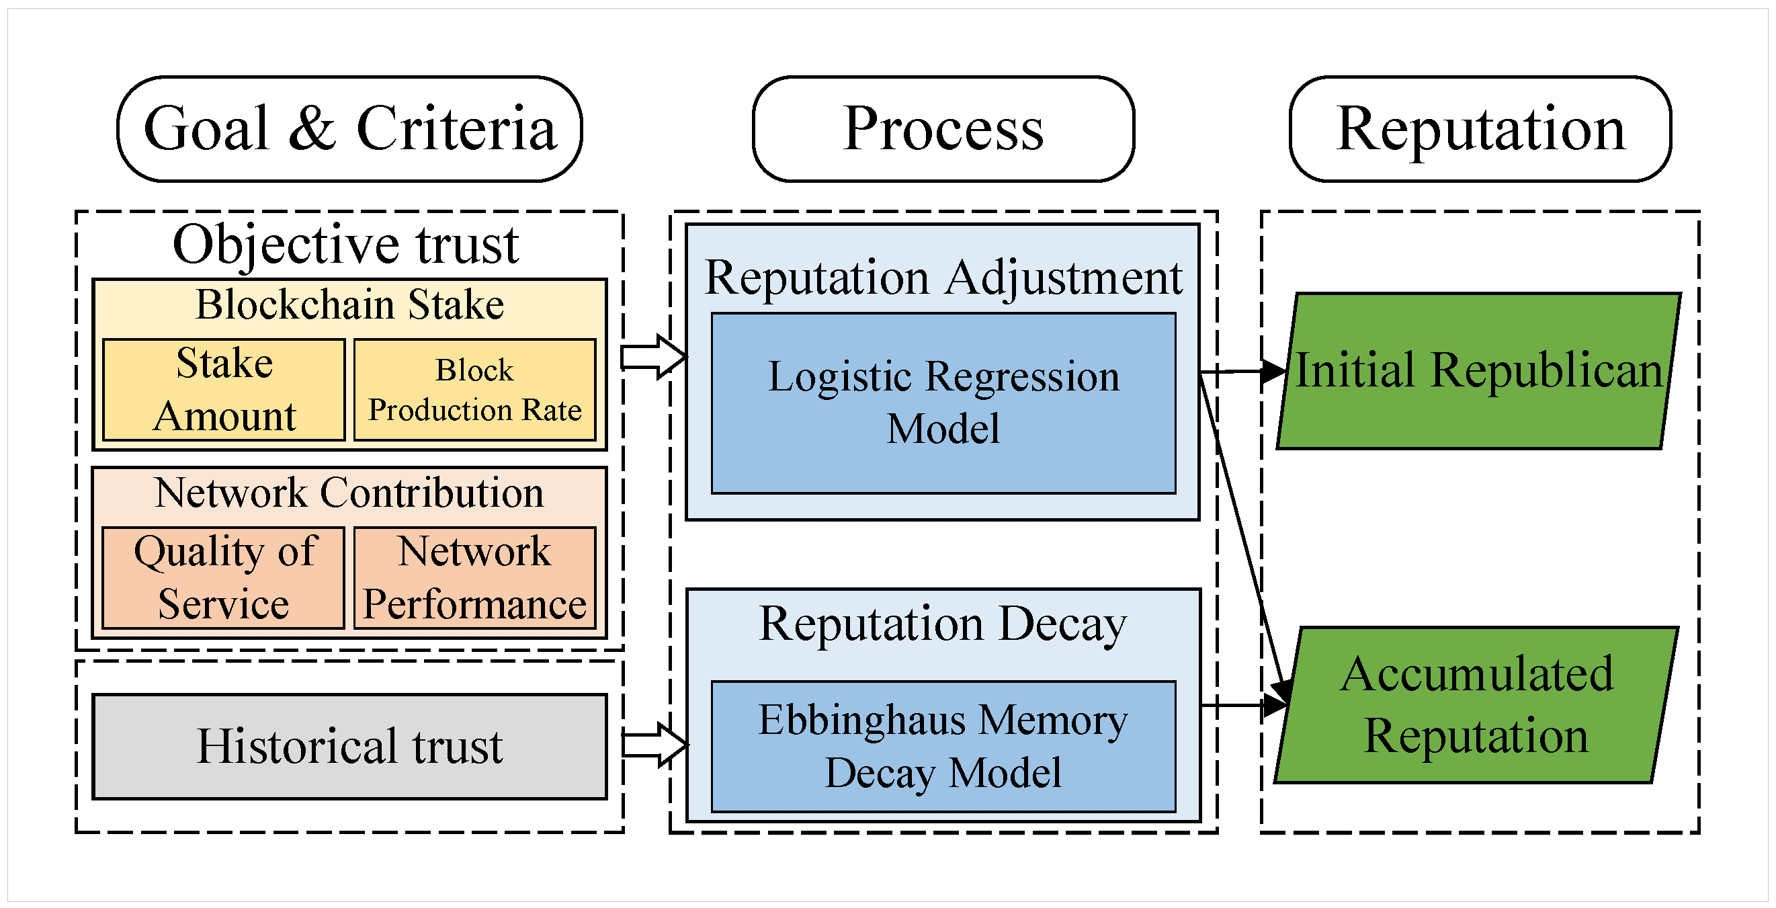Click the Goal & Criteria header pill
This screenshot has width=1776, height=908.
pyautogui.click(x=349, y=129)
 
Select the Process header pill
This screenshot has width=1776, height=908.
pyautogui.click(x=943, y=129)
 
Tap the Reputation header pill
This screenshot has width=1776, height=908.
pyautogui.click(x=1480, y=129)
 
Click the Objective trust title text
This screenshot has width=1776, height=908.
pyautogui.click(x=345, y=244)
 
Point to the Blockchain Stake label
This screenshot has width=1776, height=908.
pyautogui.click(x=349, y=304)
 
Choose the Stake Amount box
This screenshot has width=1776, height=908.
pyautogui.click(x=223, y=390)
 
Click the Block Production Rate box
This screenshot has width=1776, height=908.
pyautogui.click(x=474, y=390)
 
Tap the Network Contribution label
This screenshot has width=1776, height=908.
pyautogui.click(x=349, y=492)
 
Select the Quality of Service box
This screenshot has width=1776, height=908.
pyautogui.click(x=223, y=578)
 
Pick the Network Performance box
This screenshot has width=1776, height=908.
pyautogui.click(x=474, y=578)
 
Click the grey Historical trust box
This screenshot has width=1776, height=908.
pyautogui.click(x=349, y=746)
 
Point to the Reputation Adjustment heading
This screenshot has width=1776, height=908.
pyautogui.click(x=943, y=278)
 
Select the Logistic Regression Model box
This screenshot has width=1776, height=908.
pyautogui.click(x=943, y=403)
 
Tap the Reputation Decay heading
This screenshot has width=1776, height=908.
pyautogui.click(x=943, y=624)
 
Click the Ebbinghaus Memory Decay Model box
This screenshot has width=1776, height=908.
pyautogui.click(x=943, y=746)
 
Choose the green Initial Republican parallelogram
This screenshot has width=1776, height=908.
pyautogui.click(x=1478, y=371)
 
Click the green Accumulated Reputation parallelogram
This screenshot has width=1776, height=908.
pyautogui.click(x=1476, y=704)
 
